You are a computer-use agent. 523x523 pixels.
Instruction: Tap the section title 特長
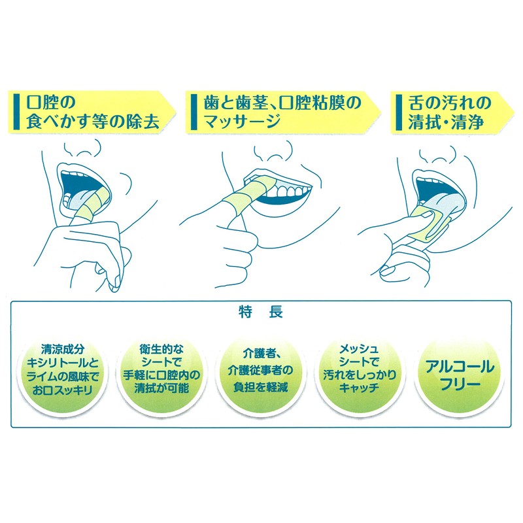(261, 313)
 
